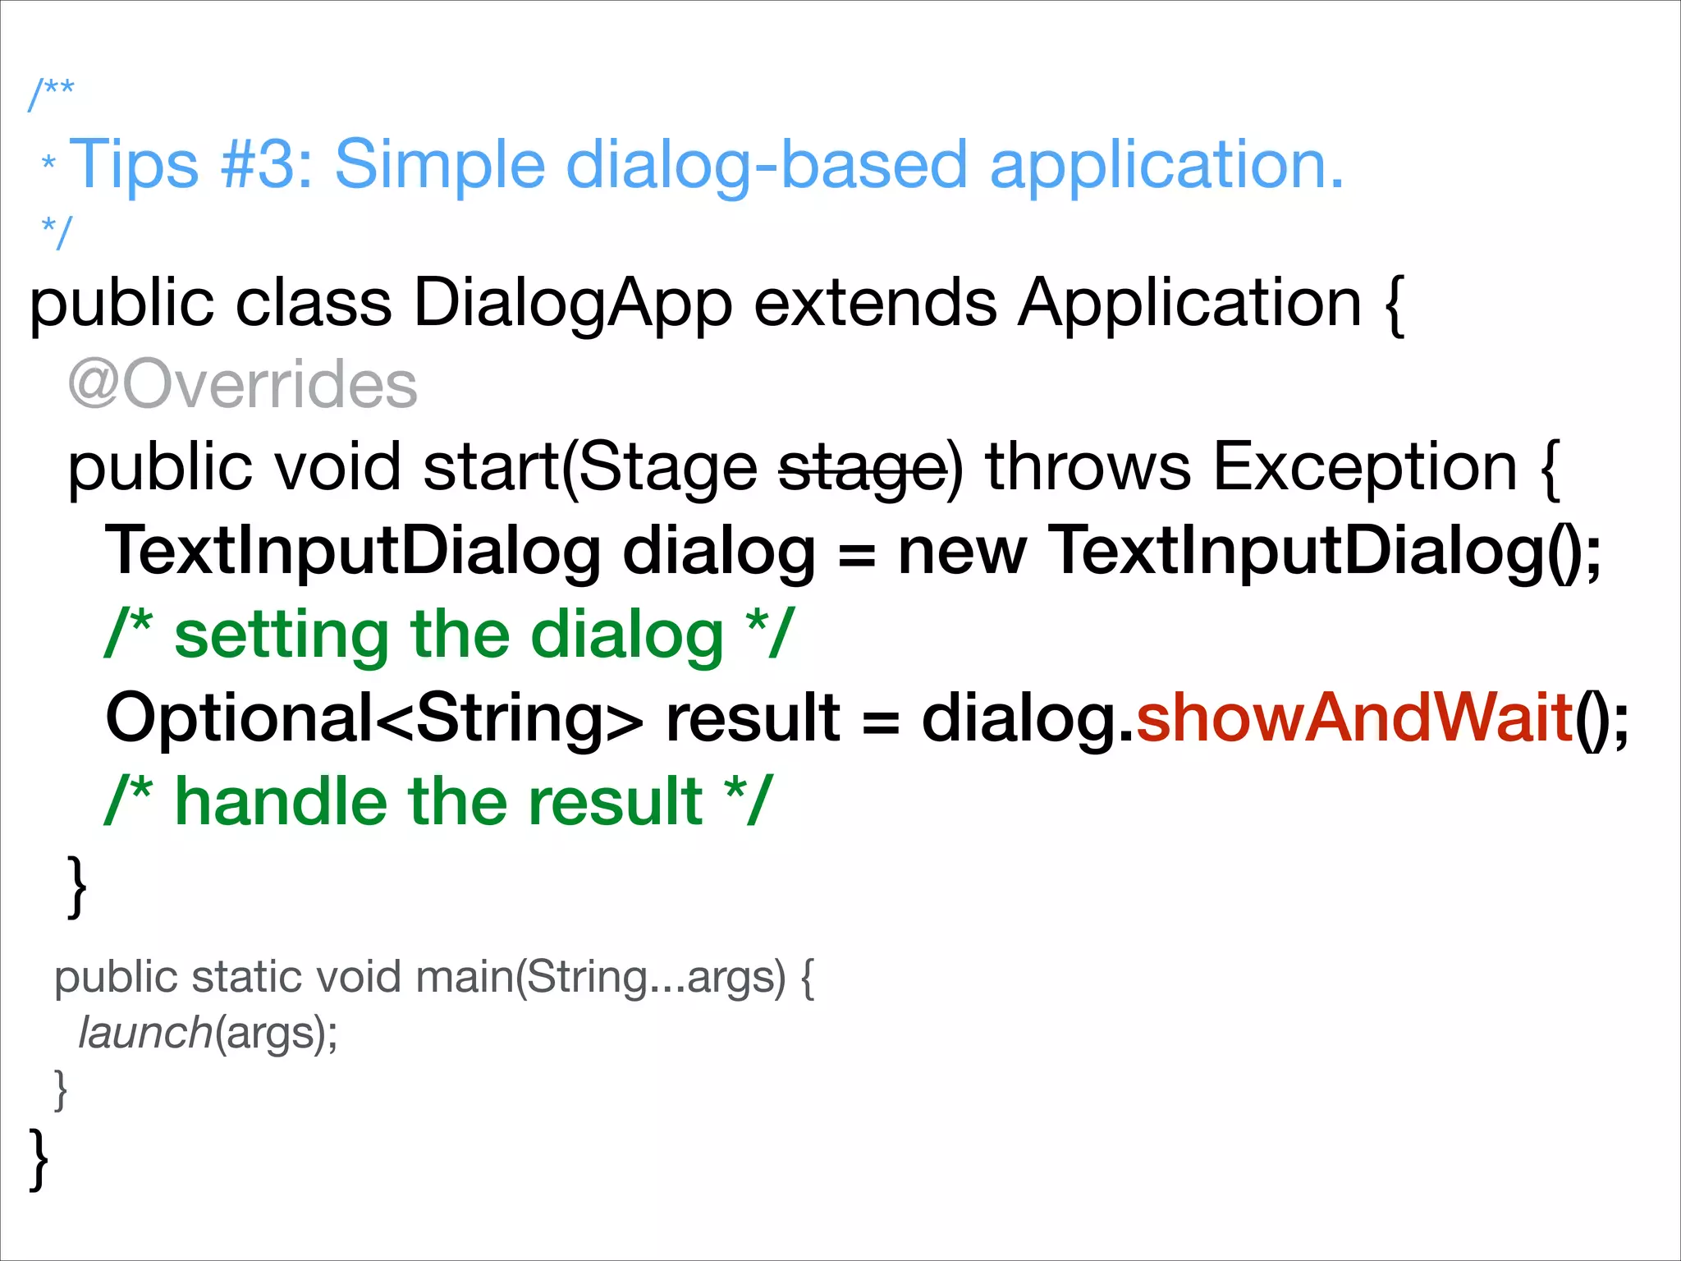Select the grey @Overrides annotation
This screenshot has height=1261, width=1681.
[x=243, y=385]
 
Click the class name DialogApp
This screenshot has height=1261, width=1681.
[x=572, y=304]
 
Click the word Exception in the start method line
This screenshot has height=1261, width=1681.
[x=1364, y=468]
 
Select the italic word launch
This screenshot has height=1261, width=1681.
[x=145, y=1033]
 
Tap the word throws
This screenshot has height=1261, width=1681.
[x=1088, y=468]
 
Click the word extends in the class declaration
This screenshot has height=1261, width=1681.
[x=875, y=304]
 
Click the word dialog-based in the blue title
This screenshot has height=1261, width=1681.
[x=767, y=164]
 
